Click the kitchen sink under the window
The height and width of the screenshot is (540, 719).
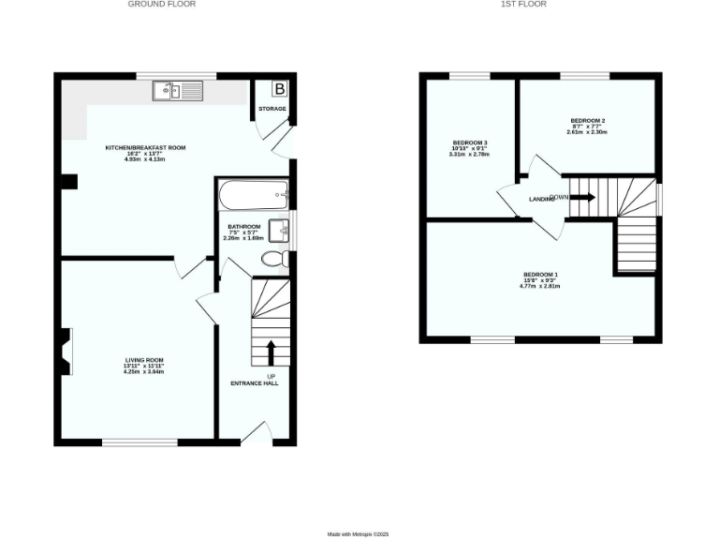click(x=178, y=90)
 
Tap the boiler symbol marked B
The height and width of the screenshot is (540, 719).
click(x=278, y=89)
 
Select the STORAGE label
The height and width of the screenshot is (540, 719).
click(x=272, y=110)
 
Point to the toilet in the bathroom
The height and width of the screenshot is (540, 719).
click(x=275, y=258)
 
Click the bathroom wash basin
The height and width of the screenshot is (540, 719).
click(x=279, y=230)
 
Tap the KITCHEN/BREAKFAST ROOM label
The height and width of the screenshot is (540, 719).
click(x=144, y=148)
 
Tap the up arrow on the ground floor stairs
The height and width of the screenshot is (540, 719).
click(x=271, y=352)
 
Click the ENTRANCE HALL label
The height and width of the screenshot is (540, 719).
click(x=255, y=383)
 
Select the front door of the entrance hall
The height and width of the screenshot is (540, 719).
click(x=256, y=433)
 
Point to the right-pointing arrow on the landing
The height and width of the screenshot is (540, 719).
click(x=581, y=198)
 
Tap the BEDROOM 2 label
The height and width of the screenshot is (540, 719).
click(x=587, y=121)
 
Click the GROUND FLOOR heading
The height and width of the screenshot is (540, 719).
click(x=162, y=5)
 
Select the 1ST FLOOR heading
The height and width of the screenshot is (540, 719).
click(x=524, y=5)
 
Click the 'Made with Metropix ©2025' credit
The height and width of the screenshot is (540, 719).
click(x=358, y=534)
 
